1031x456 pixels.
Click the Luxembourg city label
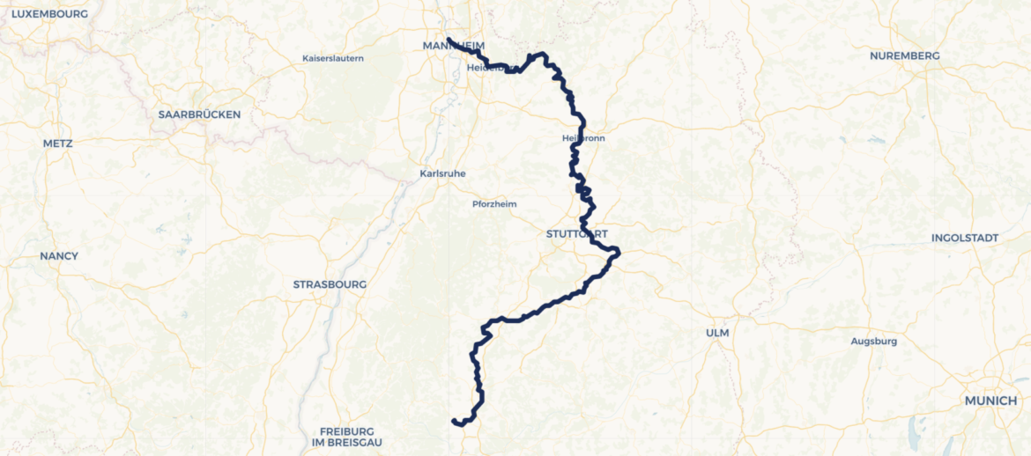[49, 14]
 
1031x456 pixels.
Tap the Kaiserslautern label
[332, 58]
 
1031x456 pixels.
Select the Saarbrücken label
[199, 114]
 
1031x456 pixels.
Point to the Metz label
[57, 143]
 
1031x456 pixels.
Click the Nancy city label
[59, 256]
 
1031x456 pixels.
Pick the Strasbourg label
[330, 284]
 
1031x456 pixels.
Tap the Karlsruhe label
[442, 173]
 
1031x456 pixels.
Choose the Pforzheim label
[494, 203]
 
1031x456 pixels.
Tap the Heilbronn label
[583, 138]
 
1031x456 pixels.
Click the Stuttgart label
[576, 233]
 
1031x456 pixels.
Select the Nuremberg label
[904, 55]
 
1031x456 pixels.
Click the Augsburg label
[873, 341]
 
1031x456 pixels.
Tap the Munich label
[990, 401]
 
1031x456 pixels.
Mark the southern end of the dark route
[454, 421]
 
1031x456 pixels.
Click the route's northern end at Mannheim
[449, 40]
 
